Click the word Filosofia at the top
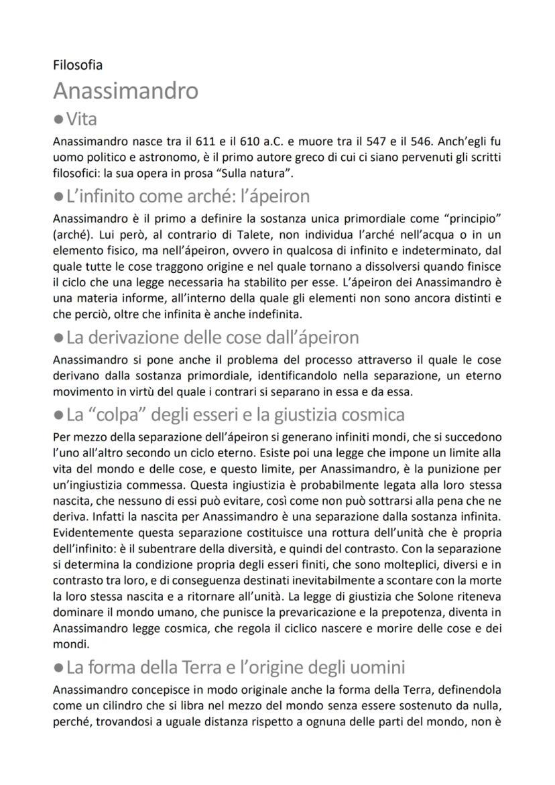(x=78, y=65)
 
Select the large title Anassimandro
(x=125, y=90)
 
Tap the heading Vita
(x=82, y=119)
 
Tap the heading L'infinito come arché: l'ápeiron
(x=188, y=197)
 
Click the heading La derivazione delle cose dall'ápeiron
(x=212, y=337)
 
